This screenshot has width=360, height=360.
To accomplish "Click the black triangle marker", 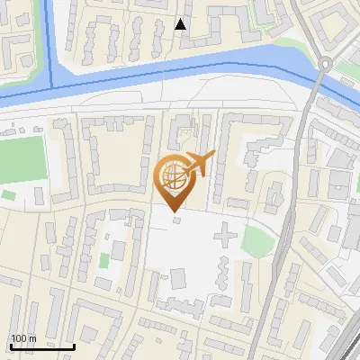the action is click(181, 24).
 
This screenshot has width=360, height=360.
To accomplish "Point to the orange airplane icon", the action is click(202, 163).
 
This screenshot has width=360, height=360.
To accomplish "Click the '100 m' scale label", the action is click(23, 338).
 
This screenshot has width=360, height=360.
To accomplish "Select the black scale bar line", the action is click(42, 346).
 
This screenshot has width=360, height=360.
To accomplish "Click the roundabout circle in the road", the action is click(326, 64).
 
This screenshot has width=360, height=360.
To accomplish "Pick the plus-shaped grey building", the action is click(224, 237).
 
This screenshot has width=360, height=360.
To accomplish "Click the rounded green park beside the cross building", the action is click(256, 241).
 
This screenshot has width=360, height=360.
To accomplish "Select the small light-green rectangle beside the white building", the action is click(104, 261).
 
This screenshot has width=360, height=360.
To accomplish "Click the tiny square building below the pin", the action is click(176, 219).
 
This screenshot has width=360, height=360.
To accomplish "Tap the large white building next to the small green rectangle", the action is click(120, 249).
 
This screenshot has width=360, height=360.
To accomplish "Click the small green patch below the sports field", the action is click(8, 194).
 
